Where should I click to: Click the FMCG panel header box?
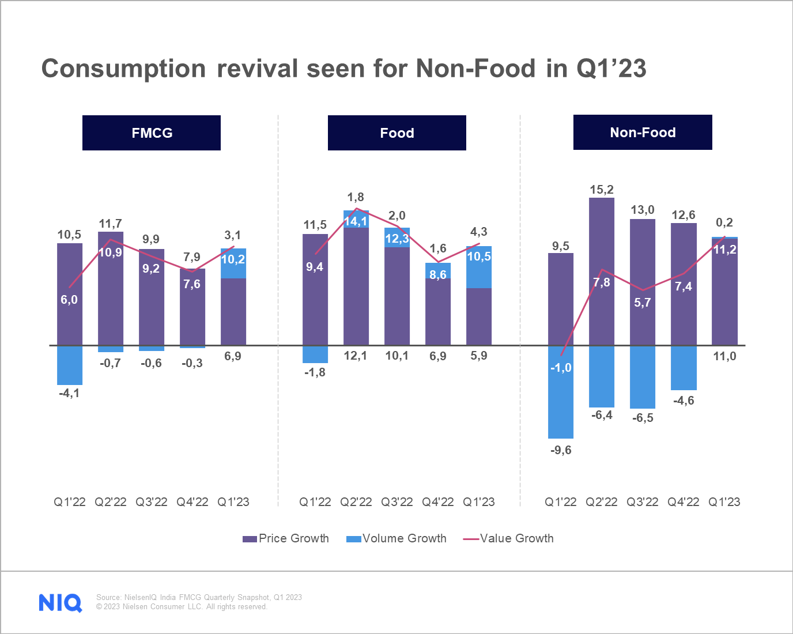click(x=152, y=133)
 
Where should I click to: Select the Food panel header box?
click(x=396, y=133)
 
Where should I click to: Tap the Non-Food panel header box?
click(x=643, y=132)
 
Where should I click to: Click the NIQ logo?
click(x=60, y=602)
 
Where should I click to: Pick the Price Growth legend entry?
click(x=286, y=538)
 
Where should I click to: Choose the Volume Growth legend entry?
click(x=396, y=538)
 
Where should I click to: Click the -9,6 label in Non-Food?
click(x=561, y=450)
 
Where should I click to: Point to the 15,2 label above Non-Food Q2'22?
click(x=602, y=190)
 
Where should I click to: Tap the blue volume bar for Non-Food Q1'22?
click(x=561, y=398)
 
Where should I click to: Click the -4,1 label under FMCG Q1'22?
click(x=69, y=393)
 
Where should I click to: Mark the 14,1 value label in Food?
click(x=356, y=221)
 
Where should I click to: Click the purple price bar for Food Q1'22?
click(x=315, y=300)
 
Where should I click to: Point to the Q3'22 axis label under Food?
click(x=397, y=502)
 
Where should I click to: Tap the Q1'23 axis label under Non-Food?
click(x=724, y=502)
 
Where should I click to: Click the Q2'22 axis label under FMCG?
click(x=111, y=502)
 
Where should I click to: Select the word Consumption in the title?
click(x=123, y=69)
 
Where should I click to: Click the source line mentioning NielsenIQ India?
click(x=199, y=597)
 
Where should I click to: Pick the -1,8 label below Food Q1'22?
click(x=315, y=372)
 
